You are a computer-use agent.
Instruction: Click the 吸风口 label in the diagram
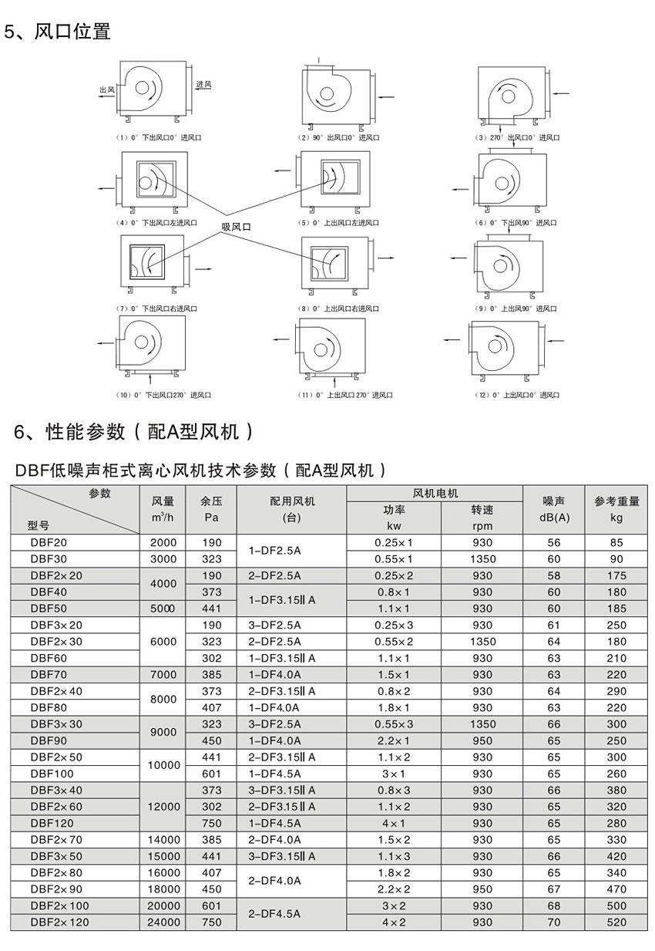pyautogui.click(x=237, y=227)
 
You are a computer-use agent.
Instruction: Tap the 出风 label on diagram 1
pyautogui.click(x=107, y=90)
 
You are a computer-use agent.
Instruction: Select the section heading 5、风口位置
pyautogui.click(x=58, y=32)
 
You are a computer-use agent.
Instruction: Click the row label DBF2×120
pyautogui.click(x=60, y=922)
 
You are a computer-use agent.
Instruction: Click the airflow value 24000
pyautogui.click(x=163, y=922)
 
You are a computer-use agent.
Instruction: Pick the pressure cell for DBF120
pyautogui.click(x=211, y=822)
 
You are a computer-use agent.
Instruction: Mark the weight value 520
pyautogui.click(x=616, y=922)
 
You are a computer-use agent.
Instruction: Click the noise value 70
pyautogui.click(x=553, y=922)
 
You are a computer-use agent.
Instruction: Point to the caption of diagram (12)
pyautogui.click(x=516, y=395)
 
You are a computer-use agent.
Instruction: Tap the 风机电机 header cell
pyautogui.click(x=435, y=493)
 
